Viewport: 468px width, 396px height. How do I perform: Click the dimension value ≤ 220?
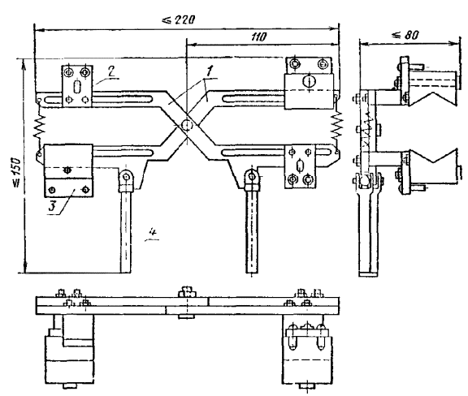coord(179,19)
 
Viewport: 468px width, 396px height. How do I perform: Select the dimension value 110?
coord(258,37)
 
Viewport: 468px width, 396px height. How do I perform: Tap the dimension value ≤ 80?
coord(405,35)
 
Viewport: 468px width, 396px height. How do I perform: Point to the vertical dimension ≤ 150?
coord(17,173)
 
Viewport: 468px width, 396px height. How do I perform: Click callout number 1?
coord(210,71)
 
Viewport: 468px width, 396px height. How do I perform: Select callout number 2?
coord(111,72)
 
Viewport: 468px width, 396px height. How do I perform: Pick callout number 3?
coord(53,206)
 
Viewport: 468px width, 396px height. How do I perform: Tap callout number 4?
coord(153,232)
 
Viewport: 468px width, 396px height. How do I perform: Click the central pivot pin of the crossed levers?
coord(187,123)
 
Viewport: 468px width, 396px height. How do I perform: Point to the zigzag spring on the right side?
coord(337,124)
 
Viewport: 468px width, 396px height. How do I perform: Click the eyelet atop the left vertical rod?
coord(127,177)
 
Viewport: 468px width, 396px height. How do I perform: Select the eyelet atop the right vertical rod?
coord(252,177)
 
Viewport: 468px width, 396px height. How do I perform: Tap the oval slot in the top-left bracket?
coord(76,87)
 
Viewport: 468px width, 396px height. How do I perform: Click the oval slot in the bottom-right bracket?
coord(300,166)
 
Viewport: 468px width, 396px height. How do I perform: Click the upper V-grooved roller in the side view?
coord(432,88)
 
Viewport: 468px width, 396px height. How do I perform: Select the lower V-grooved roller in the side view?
coord(432,166)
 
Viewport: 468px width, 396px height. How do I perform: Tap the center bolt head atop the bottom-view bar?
coord(187,292)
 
